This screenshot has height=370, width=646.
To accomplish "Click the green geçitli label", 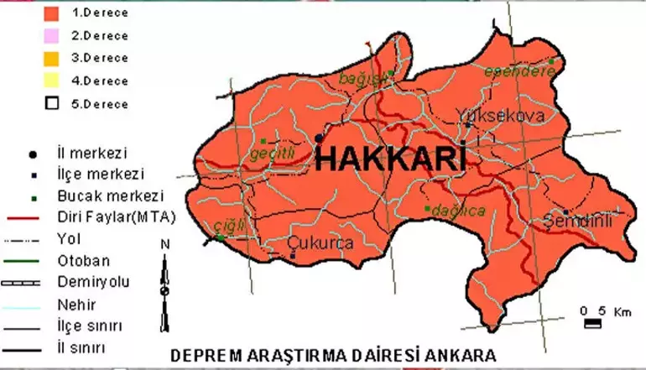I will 273,154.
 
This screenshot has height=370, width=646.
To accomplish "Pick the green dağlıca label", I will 457,211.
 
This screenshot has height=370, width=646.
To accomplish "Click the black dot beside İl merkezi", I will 33,155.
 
